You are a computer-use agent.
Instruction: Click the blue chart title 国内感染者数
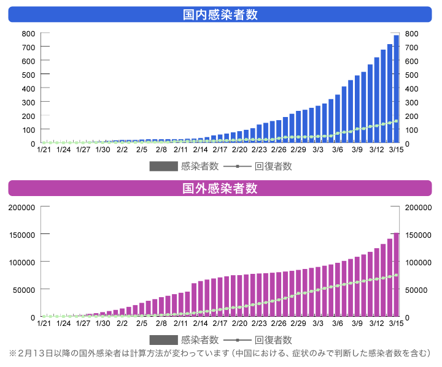point(220,14)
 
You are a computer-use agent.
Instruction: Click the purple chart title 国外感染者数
point(220,188)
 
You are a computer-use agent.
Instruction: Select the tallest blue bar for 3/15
point(396,89)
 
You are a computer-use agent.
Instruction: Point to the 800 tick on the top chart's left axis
point(28,34)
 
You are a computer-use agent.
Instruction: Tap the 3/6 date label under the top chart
point(337,149)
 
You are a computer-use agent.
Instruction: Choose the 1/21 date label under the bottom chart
point(44,323)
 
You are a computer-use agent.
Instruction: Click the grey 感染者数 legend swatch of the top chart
point(163,166)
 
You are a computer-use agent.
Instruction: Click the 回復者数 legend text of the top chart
point(273,166)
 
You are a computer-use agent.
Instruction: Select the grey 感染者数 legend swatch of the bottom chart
point(163,340)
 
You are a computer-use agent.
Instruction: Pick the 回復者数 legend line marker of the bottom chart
point(238,340)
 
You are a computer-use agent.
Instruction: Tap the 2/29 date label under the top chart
point(298,149)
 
